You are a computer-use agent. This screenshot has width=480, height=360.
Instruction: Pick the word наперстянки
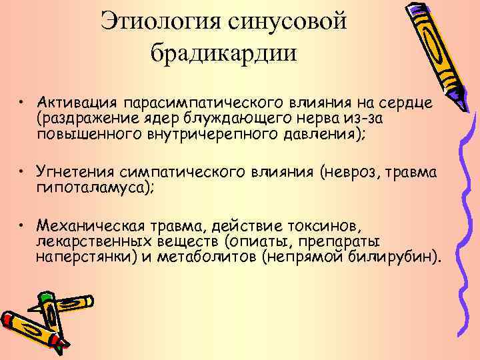(86, 255)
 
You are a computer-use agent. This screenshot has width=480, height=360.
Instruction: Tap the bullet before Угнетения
(22, 172)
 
